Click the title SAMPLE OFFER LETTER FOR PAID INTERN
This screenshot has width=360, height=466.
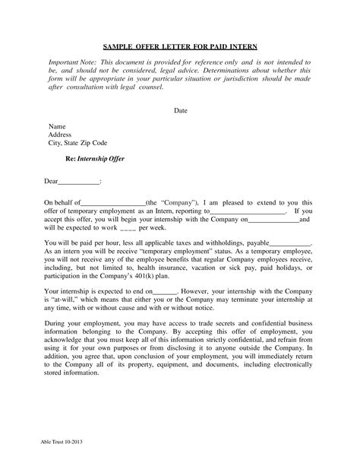tap(180, 45)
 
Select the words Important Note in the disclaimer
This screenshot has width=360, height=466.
tap(74, 59)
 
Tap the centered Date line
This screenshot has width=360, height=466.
tap(180, 110)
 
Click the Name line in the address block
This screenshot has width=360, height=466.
tap(58, 125)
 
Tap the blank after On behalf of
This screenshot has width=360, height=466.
tap(111, 201)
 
